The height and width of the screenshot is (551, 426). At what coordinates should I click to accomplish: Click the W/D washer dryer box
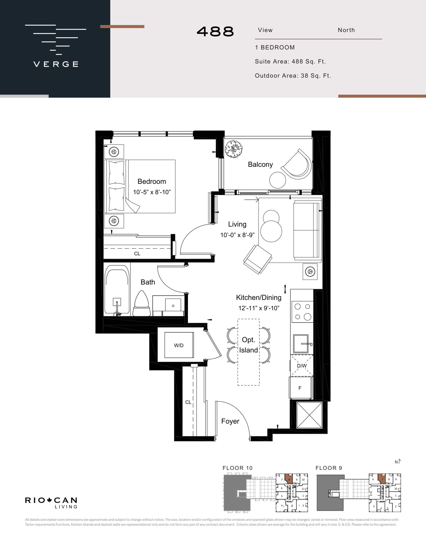click(x=179, y=345)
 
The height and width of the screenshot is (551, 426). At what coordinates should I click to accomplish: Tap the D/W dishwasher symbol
click(x=302, y=365)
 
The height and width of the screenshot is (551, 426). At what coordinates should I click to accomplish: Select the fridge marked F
click(x=300, y=388)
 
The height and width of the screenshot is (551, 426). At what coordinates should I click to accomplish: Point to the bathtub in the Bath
click(x=117, y=290)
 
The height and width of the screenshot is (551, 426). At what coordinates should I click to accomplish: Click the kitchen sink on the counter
click(x=301, y=344)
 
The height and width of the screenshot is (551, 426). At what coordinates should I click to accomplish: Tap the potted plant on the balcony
click(x=234, y=149)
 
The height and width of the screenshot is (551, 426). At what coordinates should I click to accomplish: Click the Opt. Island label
click(x=249, y=345)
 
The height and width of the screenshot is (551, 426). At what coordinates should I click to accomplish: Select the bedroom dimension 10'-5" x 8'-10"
click(x=152, y=192)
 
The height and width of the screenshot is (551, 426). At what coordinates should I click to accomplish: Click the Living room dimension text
click(x=237, y=235)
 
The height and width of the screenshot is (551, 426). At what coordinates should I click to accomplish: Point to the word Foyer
click(x=230, y=421)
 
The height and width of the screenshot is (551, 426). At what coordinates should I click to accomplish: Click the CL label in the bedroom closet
click(x=137, y=254)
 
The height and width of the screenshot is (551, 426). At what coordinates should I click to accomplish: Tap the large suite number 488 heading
click(x=215, y=32)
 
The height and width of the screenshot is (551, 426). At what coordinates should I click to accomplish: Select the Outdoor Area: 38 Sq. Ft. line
click(x=293, y=76)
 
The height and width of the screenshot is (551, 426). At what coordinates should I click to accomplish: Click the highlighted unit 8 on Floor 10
click(x=289, y=478)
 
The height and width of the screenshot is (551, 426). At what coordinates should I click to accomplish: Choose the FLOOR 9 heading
click(x=329, y=468)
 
